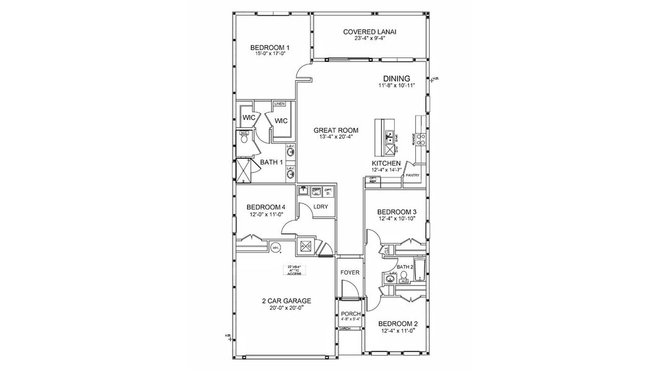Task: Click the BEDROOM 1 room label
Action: pos(270,48)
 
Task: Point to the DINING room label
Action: pos(397,78)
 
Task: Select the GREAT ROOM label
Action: pos(335,130)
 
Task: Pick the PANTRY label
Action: pos(412,175)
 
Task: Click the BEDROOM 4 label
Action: pos(266,207)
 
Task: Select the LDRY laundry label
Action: pos(320,207)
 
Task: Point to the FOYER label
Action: pos(350,273)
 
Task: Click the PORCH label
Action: pos(350,314)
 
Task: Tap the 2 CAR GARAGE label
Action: pos(286,301)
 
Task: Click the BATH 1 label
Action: pos(271,163)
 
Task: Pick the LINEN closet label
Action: pos(279,104)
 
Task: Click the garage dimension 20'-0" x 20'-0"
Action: pos(286,309)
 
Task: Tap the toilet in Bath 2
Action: pos(404,276)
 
